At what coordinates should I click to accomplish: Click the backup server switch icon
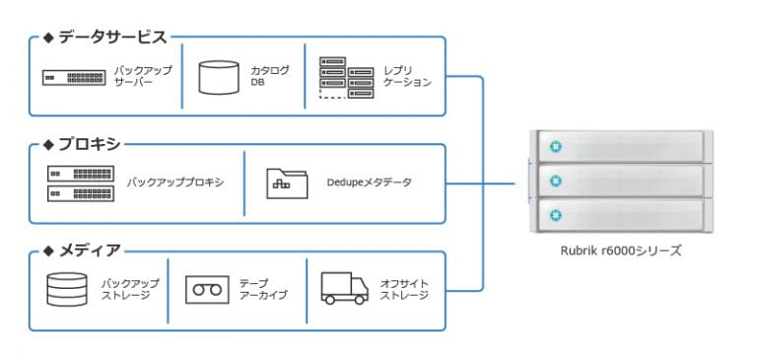73,77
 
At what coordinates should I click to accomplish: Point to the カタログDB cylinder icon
219,77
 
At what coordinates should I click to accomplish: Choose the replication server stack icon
346,77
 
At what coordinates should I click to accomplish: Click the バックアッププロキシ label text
174,182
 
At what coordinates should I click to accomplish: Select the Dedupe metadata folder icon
287,182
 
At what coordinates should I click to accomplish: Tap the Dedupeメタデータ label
370,182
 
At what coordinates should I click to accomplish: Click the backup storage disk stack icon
67,289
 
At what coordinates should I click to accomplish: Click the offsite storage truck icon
344,288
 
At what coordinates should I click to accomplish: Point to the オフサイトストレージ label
404,289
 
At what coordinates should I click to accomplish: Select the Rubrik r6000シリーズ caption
619,251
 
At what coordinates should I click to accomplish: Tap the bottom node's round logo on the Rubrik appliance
555,214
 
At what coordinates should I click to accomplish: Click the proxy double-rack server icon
79,182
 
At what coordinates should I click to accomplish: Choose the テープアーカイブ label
262,289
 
